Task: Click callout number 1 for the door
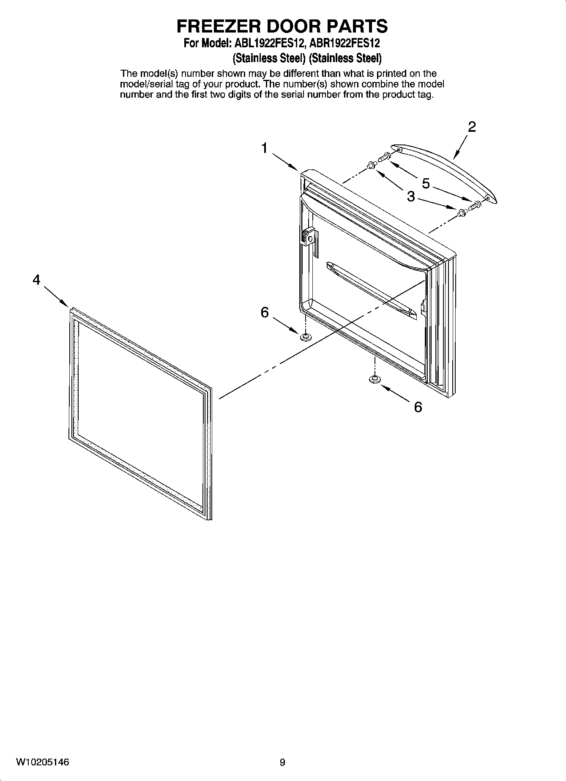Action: coord(264,148)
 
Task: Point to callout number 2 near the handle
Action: coord(472,127)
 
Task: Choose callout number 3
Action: coord(411,196)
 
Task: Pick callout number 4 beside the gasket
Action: coord(37,280)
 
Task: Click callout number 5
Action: coord(426,183)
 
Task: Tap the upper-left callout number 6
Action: coord(265,313)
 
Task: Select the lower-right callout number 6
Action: coord(418,407)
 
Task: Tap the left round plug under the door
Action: coord(304,337)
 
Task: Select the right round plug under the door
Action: coord(374,380)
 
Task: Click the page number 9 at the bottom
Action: coord(282,762)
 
